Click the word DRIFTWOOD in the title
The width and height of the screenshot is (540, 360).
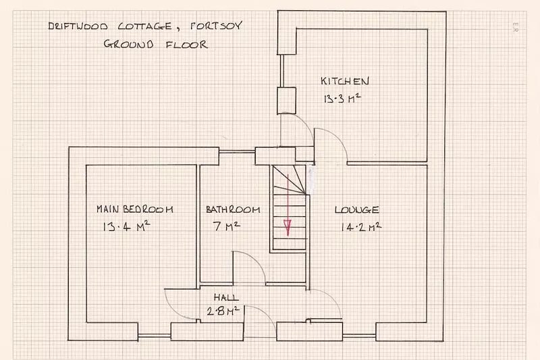coord(78,26)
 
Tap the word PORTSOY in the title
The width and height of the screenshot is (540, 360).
coord(216,26)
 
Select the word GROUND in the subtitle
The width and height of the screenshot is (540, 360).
coord(128,44)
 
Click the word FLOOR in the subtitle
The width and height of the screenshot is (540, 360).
coord(187,45)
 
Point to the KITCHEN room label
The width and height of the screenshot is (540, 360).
coord(345,81)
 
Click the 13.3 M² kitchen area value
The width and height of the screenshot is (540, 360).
coord(342,99)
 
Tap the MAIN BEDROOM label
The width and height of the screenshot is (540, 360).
coord(134,209)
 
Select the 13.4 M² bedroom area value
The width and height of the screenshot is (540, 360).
coord(126,226)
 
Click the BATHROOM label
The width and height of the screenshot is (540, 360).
coord(233,209)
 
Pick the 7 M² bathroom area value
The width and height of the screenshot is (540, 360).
coord(226,226)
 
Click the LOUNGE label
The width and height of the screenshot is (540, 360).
coord(357,209)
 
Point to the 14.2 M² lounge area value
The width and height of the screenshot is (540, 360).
coord(361,227)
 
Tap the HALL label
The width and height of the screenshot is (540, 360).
coord(226,297)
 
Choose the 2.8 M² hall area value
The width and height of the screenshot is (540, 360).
coord(223,311)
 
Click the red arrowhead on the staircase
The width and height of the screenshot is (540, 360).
coord(288,228)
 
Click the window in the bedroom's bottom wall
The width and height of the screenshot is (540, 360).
coord(155,335)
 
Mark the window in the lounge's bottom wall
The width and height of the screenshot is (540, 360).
coord(359,335)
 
